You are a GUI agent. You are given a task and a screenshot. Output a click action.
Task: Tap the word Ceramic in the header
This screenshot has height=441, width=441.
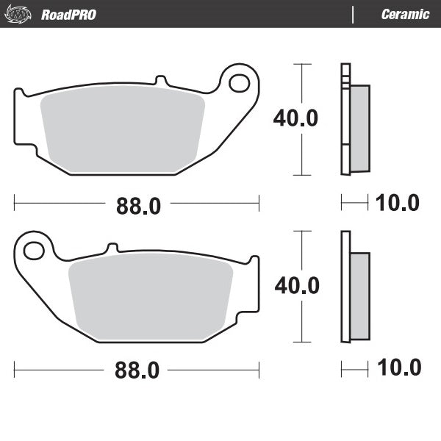[405, 14]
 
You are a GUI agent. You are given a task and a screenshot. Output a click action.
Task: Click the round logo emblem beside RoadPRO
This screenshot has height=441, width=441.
[22, 14]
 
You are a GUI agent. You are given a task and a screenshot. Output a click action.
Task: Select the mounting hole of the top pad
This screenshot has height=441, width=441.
[239, 83]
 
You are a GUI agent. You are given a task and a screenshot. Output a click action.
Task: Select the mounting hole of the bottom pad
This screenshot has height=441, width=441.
[34, 251]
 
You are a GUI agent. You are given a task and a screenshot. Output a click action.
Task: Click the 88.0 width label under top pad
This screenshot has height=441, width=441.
[137, 207]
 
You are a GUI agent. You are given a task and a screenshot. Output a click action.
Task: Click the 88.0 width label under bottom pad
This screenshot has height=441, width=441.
[137, 372]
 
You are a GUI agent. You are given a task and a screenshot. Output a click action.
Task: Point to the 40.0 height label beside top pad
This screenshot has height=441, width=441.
[295, 118]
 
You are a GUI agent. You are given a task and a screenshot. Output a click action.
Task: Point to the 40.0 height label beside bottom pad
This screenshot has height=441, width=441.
[296, 285]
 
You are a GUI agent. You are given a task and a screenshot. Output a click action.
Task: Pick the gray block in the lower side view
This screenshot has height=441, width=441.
[360, 295]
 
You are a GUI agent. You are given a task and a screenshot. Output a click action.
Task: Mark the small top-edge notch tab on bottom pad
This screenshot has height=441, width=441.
[112, 248]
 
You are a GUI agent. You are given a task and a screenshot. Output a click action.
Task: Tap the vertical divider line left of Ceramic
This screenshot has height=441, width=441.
[354, 14]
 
